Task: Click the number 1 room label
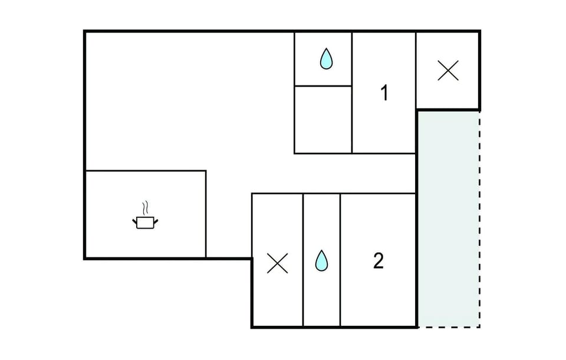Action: [x=385, y=93]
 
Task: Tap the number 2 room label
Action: [x=379, y=260]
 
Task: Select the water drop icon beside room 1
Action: [x=326, y=58]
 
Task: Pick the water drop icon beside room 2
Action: [x=321, y=260]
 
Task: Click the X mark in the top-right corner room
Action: [x=448, y=70]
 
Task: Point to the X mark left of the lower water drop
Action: [x=277, y=263]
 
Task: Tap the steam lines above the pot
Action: [x=145, y=208]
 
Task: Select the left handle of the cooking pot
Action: [x=134, y=221]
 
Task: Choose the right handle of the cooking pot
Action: [x=156, y=221]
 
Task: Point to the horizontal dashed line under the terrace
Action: [x=449, y=327]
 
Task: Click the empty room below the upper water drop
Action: [x=323, y=120]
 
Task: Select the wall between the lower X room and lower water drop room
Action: [x=303, y=260]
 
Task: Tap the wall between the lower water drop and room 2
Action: [x=340, y=260]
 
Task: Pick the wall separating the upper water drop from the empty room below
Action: [x=323, y=86]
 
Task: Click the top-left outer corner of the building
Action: [x=84, y=31]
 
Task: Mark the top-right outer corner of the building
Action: [x=480, y=31]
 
